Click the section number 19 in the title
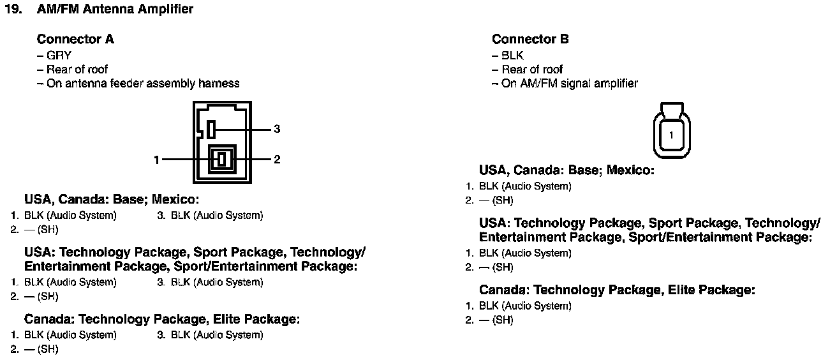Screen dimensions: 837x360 13,10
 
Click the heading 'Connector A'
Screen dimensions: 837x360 75,39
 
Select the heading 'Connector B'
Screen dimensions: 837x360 530,39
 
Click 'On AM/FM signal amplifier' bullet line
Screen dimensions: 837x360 569,83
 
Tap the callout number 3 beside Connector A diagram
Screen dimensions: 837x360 277,129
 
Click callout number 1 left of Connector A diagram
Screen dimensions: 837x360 156,160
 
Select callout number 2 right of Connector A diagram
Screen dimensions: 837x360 277,160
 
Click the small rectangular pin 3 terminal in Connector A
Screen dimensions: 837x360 211,130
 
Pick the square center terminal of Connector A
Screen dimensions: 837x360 222,159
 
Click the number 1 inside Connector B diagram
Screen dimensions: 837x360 672,135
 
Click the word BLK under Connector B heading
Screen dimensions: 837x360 512,56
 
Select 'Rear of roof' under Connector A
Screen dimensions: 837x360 77,69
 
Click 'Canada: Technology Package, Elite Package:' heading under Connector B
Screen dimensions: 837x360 617,290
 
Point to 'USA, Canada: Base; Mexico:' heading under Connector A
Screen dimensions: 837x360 112,199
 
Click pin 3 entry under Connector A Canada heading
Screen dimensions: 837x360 210,334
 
